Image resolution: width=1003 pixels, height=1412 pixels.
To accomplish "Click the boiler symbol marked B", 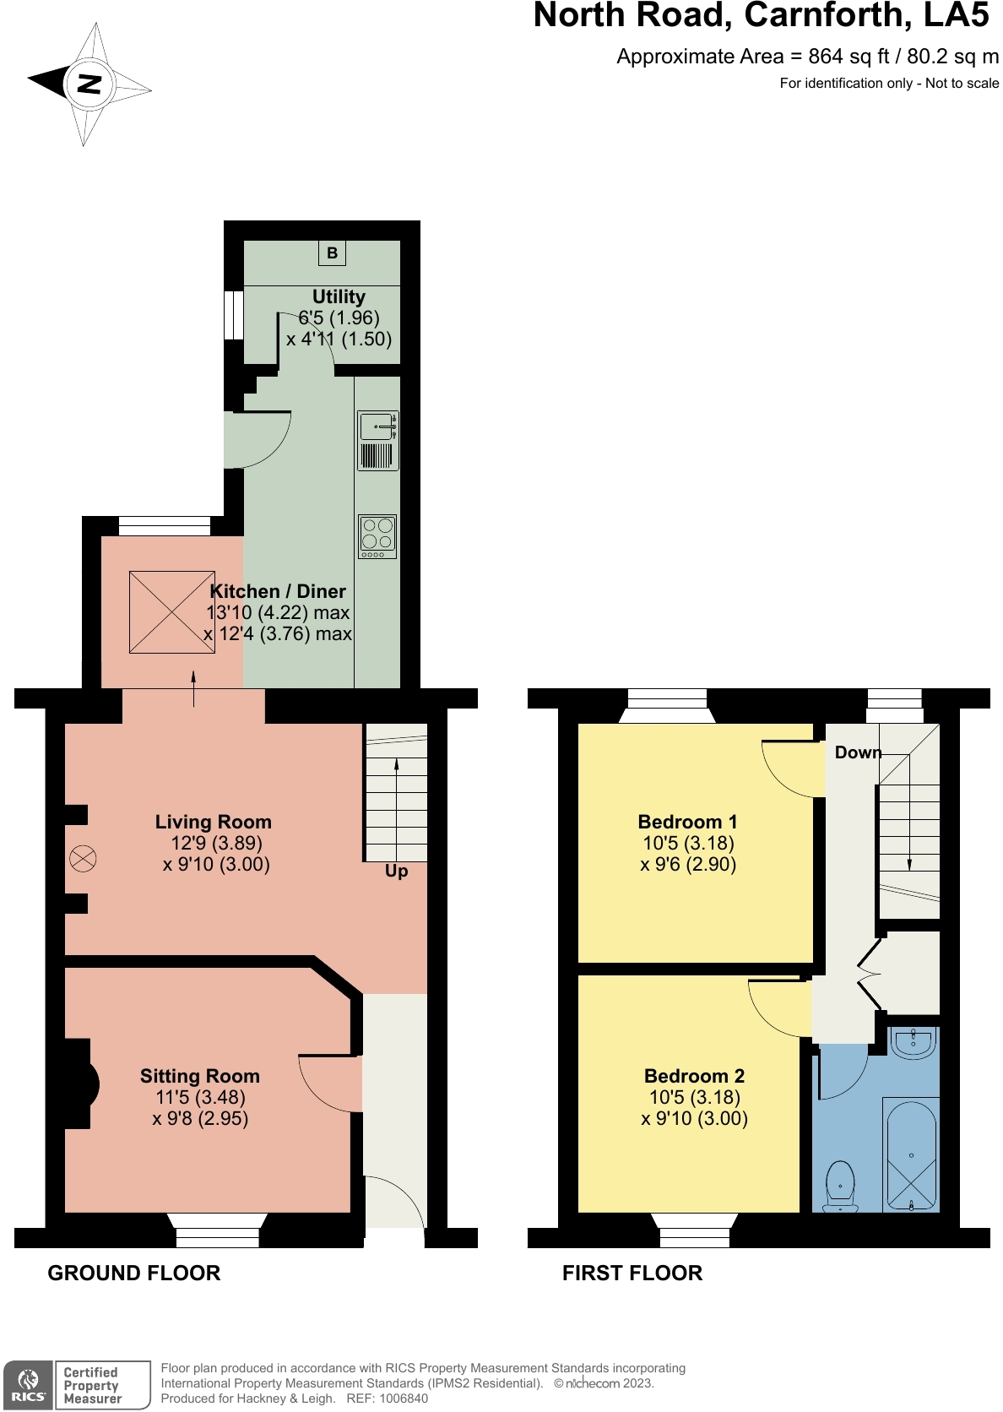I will (332, 253).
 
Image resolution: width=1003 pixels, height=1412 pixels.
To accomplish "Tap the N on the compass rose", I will (89, 84).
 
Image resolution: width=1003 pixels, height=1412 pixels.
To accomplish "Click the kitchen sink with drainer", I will (377, 440).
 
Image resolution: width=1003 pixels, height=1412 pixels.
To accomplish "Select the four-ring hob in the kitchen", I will (377, 536).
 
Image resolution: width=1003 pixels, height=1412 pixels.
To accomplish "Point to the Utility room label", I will (339, 297).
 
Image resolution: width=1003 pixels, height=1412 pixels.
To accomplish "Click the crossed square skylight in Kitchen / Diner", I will (171, 612).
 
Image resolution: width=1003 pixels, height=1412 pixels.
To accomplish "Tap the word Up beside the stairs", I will (396, 871).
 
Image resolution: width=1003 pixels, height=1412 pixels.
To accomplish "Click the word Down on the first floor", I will (857, 752).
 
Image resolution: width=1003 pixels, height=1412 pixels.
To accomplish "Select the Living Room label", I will (214, 822).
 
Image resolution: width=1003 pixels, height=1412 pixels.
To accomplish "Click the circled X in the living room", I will (83, 859).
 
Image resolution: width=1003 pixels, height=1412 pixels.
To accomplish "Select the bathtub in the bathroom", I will (910, 1154).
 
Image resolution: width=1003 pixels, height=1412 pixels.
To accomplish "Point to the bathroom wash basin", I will (913, 1045).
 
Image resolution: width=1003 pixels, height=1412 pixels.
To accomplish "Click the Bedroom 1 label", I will (687, 822).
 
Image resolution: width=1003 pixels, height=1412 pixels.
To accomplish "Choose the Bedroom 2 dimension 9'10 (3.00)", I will (694, 1119).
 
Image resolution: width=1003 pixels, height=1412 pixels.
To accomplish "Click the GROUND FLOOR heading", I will (133, 1274).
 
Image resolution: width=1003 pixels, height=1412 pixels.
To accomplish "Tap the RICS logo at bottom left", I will (29, 1386).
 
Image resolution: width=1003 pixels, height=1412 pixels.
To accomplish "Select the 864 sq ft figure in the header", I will (848, 57).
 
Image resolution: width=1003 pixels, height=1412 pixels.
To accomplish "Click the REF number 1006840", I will (404, 1398).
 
